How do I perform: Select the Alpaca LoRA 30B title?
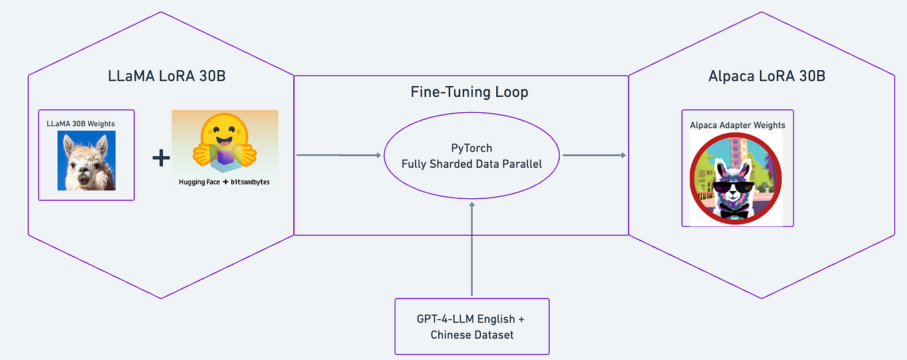767,76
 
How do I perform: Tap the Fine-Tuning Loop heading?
469,92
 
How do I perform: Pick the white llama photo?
86,161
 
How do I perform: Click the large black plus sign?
161,158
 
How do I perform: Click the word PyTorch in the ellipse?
472,148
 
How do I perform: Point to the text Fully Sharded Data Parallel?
472,164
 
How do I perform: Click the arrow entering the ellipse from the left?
339,155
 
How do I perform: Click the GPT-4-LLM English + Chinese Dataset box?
472,326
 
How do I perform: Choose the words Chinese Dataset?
472,335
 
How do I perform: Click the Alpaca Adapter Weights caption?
737,125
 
